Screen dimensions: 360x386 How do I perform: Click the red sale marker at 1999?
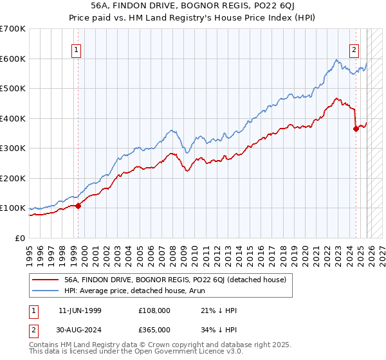pyautogui.click(x=78, y=206)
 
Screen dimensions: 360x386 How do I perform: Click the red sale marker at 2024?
pyautogui.click(x=356, y=129)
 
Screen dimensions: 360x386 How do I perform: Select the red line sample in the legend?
pyautogui.click(x=46, y=280)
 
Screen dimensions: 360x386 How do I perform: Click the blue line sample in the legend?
pyautogui.click(x=46, y=291)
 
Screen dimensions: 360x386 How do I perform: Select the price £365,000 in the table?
pyautogui.click(x=154, y=329)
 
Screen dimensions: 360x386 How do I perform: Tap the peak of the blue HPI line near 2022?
pyautogui.click(x=336, y=60)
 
